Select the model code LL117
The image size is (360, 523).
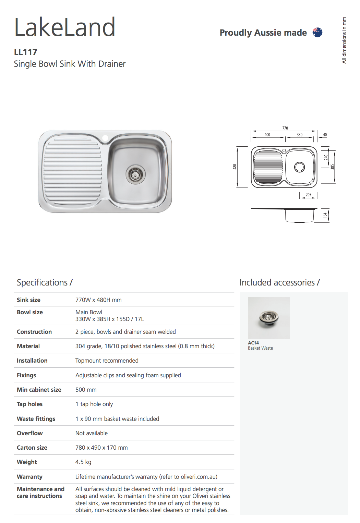click(25, 52)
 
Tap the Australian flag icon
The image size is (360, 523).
click(317, 33)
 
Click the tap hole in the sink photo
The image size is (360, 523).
click(105, 138)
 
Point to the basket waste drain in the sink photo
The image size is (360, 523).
click(135, 174)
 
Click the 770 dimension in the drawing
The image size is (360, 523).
click(285, 128)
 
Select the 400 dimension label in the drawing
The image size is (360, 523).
click(267, 135)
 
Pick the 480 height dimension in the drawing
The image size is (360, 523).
click(235, 167)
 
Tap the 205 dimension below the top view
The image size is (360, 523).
click(308, 195)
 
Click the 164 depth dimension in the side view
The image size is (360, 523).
click(325, 215)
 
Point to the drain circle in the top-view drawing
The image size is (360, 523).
click(299, 167)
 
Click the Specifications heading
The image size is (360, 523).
click(45, 282)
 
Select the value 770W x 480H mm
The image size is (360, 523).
click(98, 300)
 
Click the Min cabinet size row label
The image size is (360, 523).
click(39, 390)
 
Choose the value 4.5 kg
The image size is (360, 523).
click(83, 462)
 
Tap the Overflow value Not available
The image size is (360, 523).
click(92, 433)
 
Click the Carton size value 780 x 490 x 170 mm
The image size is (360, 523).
click(101, 448)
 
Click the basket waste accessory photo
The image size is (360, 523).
click(268, 318)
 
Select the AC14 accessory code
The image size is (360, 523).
click(253, 343)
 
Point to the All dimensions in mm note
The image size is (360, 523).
click(344, 40)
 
